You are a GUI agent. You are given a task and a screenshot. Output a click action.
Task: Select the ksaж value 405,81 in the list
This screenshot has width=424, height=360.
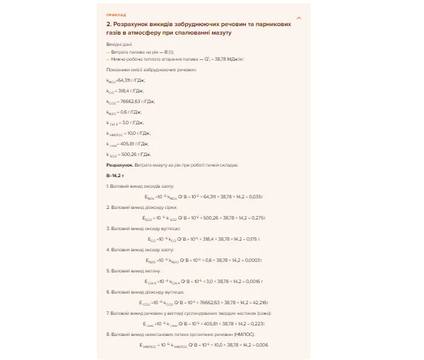(134, 143)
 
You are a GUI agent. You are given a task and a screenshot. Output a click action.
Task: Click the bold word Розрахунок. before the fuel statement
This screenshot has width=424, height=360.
(119, 164)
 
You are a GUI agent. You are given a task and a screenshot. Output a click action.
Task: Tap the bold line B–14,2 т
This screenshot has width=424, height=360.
(115, 174)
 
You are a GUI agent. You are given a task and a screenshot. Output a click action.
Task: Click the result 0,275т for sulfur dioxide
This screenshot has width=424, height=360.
(256, 218)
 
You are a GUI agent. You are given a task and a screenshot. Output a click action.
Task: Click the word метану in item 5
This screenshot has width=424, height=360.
(152, 270)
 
